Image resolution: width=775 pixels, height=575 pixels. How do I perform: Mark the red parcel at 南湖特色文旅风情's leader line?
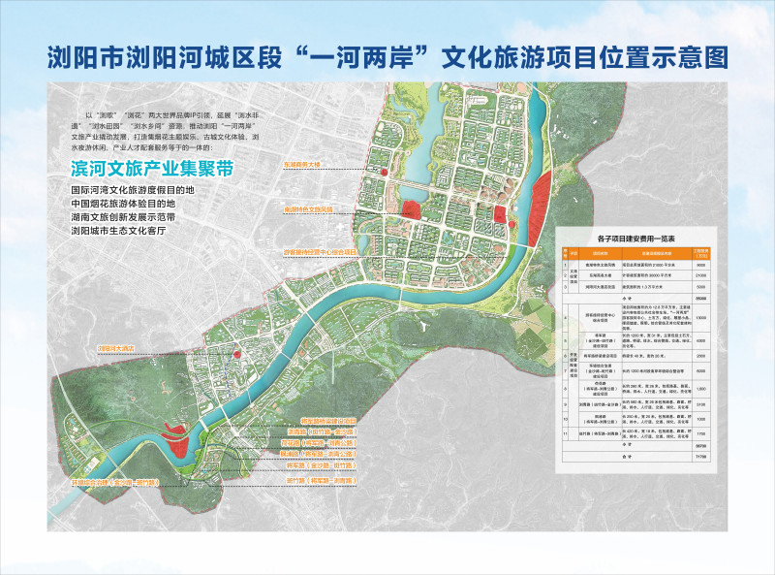click(x=411, y=208)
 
